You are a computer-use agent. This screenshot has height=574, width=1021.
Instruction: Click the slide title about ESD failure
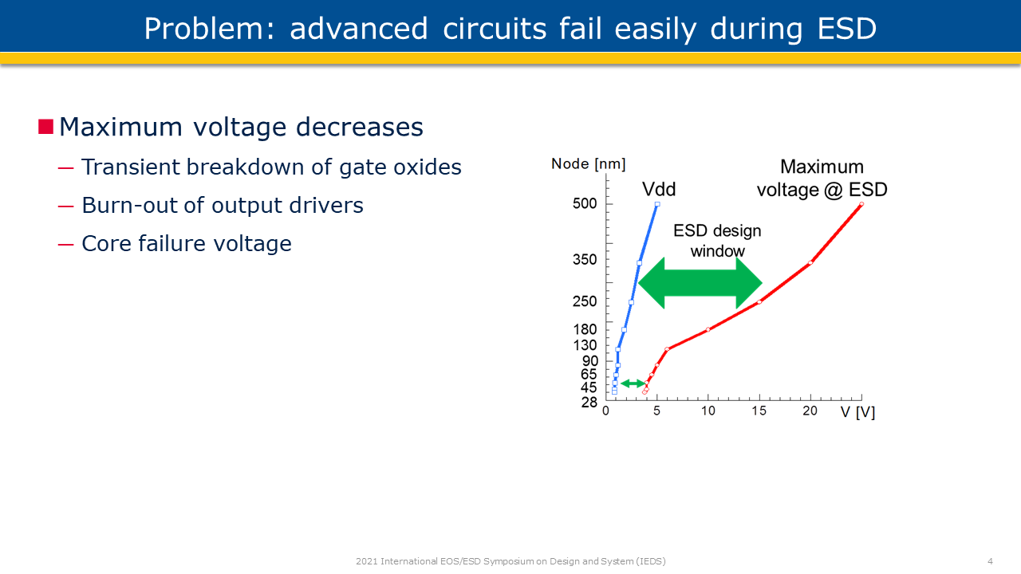click(x=510, y=29)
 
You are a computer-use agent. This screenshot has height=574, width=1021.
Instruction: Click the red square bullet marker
click(x=45, y=127)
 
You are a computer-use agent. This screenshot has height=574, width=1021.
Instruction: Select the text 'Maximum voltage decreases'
click(x=241, y=128)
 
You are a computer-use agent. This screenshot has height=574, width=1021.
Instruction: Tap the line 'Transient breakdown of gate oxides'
click(x=271, y=167)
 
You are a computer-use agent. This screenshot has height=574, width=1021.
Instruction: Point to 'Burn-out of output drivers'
click(x=222, y=206)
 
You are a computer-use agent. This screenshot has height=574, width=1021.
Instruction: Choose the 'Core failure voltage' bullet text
click(x=186, y=244)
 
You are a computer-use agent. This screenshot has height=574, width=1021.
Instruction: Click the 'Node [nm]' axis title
click(x=588, y=164)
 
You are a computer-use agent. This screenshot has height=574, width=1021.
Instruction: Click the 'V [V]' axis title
click(x=857, y=412)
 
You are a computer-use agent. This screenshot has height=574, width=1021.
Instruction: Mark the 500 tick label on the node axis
click(x=585, y=204)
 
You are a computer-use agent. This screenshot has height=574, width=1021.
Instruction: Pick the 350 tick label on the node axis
click(x=585, y=260)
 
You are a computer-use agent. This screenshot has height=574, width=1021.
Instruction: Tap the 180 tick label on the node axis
click(x=585, y=330)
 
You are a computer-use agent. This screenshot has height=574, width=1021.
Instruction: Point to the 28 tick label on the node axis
click(x=589, y=403)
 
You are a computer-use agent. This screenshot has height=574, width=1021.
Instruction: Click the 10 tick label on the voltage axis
click(x=708, y=411)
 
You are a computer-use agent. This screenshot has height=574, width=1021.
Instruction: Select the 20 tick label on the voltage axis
click(x=810, y=411)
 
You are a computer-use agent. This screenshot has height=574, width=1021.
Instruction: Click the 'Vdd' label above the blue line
click(x=659, y=189)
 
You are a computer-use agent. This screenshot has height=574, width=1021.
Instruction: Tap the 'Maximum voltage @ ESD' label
click(x=822, y=179)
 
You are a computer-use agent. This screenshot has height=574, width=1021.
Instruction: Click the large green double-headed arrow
click(x=700, y=282)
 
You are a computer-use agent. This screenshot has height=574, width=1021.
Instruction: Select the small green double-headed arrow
click(x=633, y=383)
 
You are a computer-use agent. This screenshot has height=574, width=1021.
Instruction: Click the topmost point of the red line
click(x=861, y=204)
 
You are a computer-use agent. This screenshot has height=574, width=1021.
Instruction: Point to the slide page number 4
click(x=990, y=561)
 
